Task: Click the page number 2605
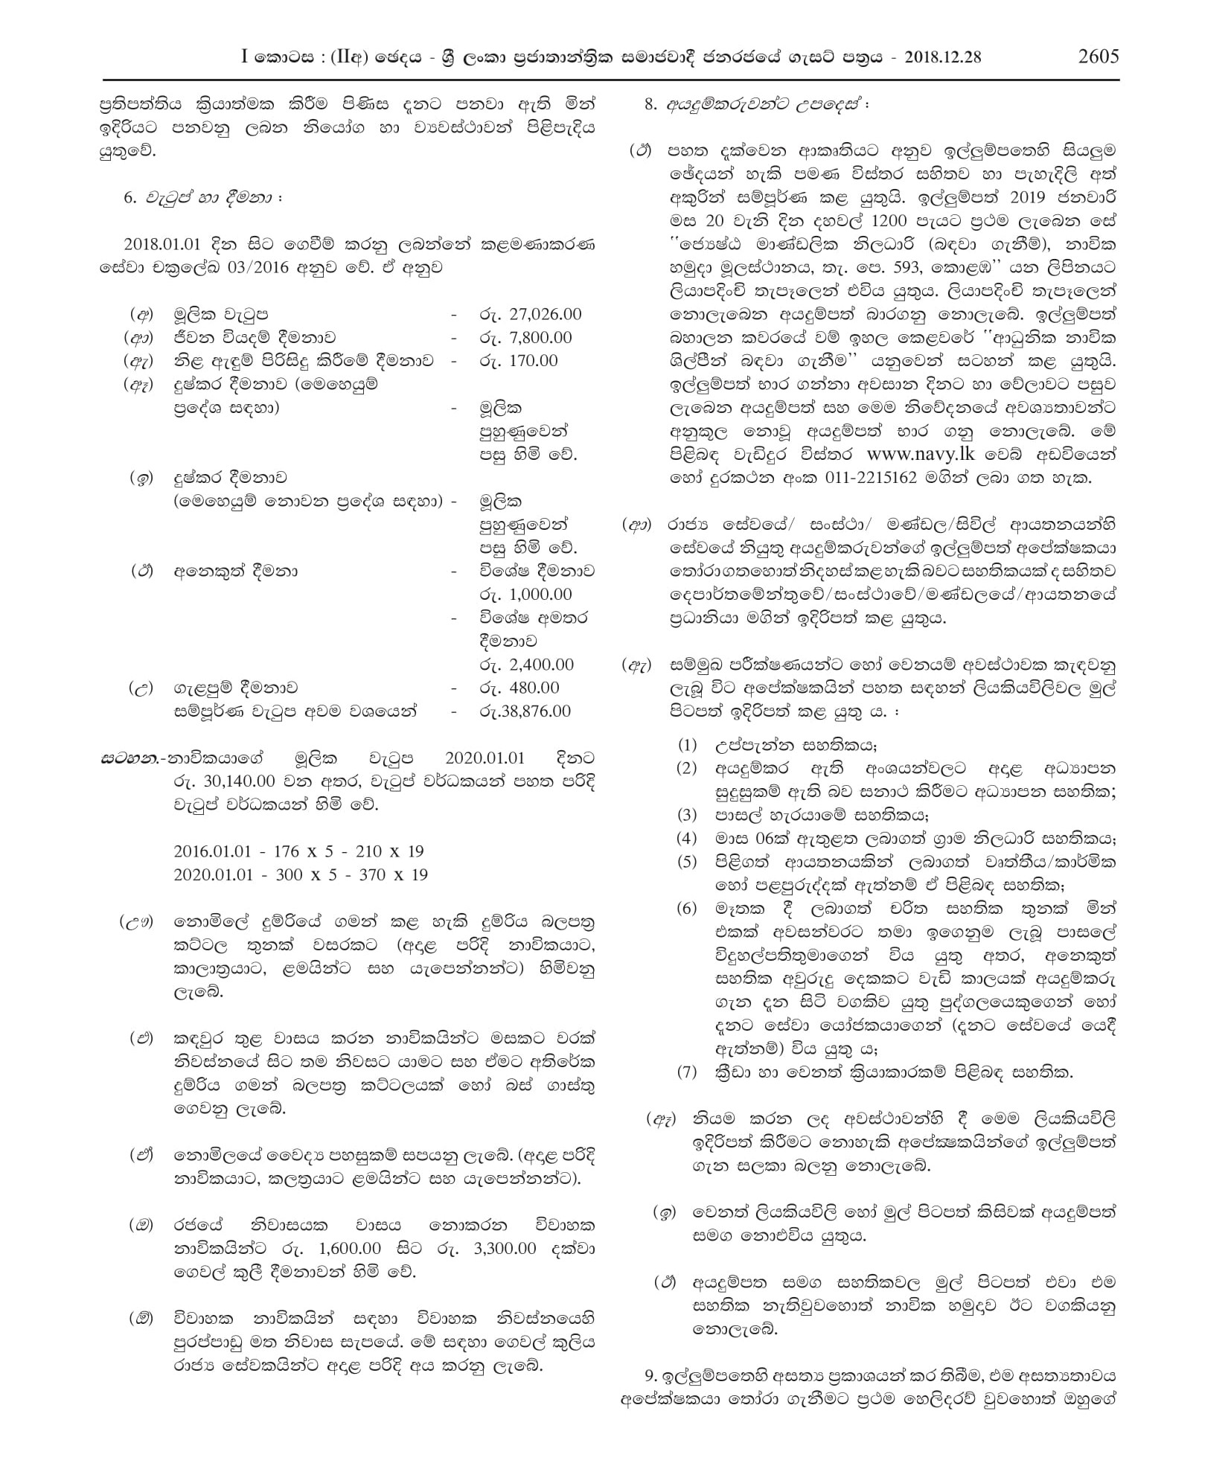coord(1098,57)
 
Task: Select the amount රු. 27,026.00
coord(530,315)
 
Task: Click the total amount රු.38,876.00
coord(525,711)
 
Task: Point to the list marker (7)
coord(686,1072)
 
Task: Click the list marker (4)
coord(686,839)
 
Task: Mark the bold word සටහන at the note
coord(121,759)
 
